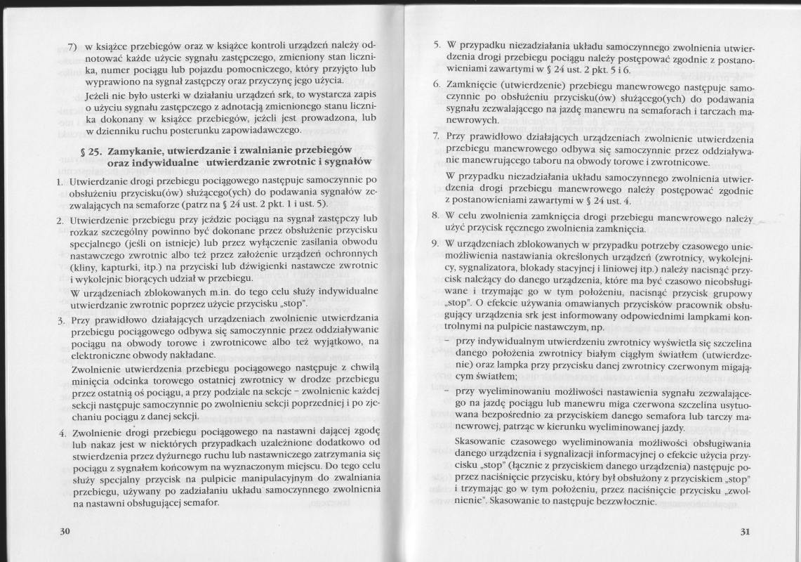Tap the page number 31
coord(746,532)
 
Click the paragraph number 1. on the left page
coord(61,181)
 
